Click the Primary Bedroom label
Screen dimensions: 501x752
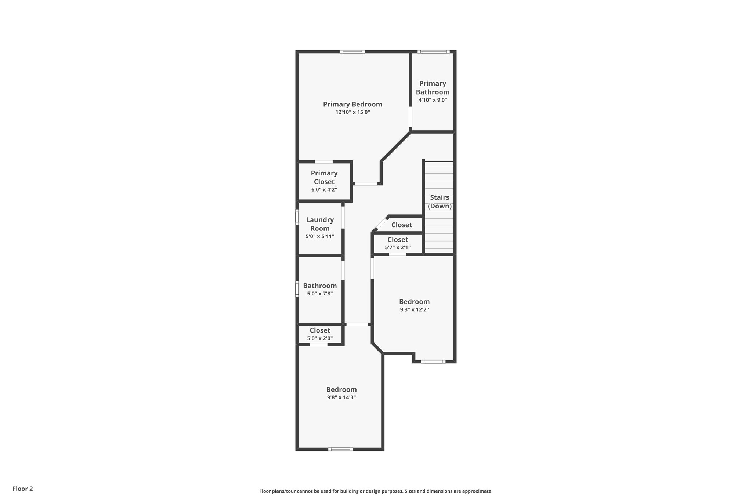click(x=352, y=104)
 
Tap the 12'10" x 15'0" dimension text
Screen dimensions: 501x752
click(x=352, y=112)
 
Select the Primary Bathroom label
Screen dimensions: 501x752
click(x=433, y=88)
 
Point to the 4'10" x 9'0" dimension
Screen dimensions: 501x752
click(x=433, y=100)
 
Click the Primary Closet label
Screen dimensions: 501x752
click(x=324, y=177)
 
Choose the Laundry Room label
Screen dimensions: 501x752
click(x=320, y=224)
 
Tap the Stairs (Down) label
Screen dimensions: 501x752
click(x=440, y=202)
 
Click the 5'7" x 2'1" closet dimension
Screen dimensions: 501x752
click(x=398, y=248)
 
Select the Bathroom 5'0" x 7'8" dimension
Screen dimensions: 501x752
click(x=320, y=294)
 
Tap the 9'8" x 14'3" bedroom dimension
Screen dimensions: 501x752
click(x=341, y=397)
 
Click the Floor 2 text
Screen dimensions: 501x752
click(x=23, y=489)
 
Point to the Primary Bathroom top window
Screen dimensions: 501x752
click(x=433, y=52)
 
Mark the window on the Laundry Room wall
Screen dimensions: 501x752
click(x=297, y=217)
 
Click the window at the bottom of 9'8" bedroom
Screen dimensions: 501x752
click(x=340, y=449)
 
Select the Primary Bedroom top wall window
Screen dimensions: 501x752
click(x=352, y=52)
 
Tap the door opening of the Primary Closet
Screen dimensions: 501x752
click(x=324, y=161)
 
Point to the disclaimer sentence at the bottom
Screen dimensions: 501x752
click(x=376, y=491)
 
